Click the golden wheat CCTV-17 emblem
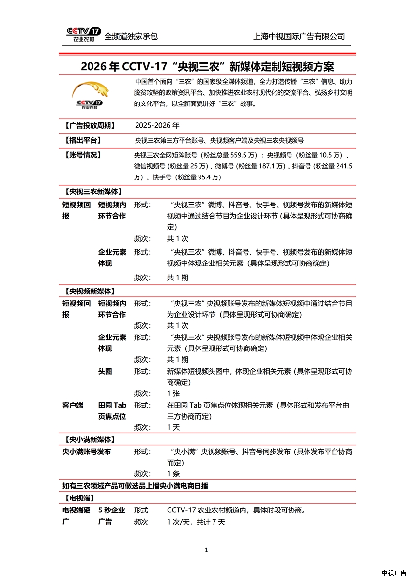(90, 95)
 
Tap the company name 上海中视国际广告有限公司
(299, 36)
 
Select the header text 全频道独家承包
(131, 36)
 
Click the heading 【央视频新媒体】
(89, 291)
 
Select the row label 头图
(105, 371)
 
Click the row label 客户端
(73, 405)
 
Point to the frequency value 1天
(173, 427)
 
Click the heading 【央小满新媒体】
(89, 439)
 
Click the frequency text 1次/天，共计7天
(196, 522)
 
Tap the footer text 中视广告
(394, 573)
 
